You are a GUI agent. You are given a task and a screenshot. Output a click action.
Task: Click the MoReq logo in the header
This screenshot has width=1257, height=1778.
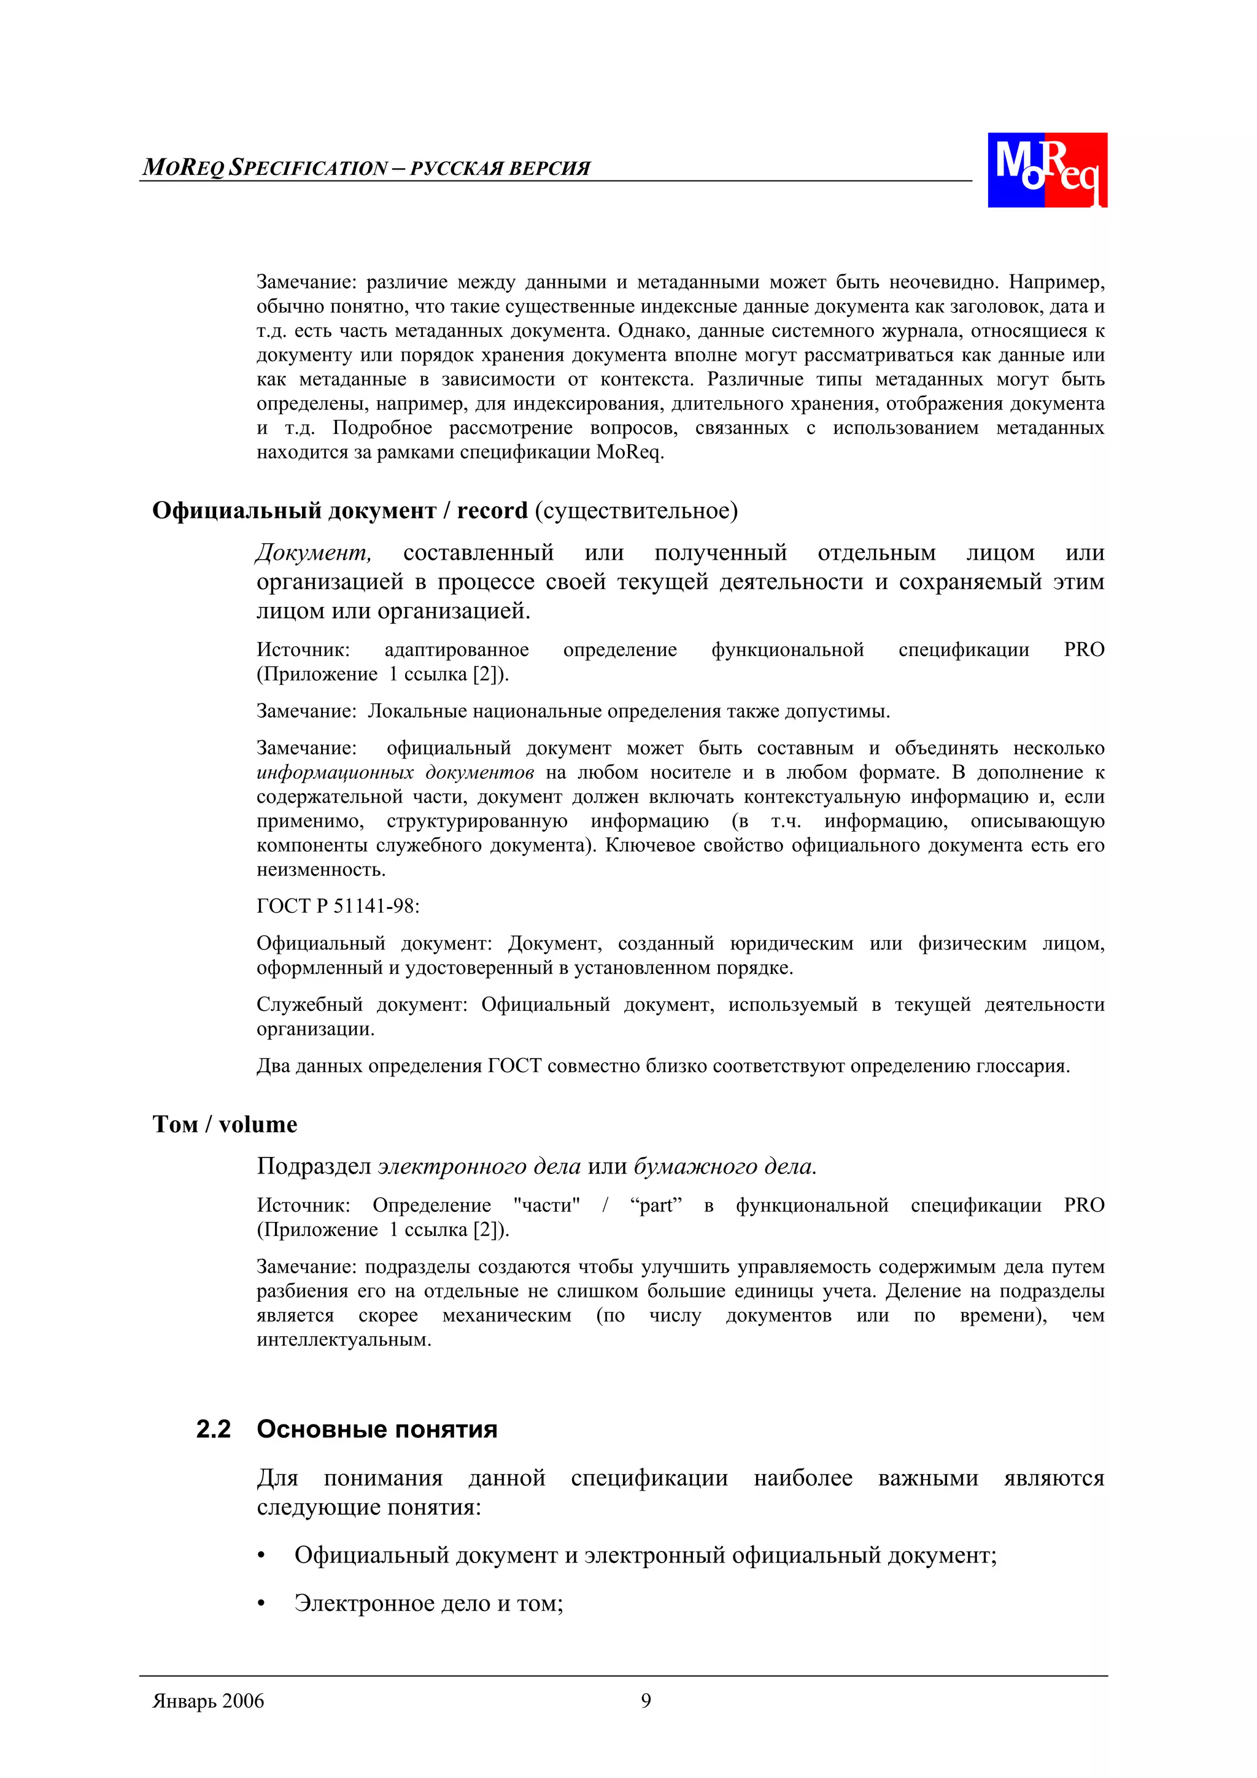[x=1046, y=169]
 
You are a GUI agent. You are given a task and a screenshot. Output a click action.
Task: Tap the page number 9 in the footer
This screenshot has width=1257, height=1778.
[x=645, y=1701]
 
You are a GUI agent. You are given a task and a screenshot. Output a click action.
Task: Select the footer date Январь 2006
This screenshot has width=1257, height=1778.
[x=208, y=1701]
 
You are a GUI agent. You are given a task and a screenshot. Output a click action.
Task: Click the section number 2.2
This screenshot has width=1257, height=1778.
[x=213, y=1429]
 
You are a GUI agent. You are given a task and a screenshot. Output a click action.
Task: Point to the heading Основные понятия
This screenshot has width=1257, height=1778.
[x=377, y=1429]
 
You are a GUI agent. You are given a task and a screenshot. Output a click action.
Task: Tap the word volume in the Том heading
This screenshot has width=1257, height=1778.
[x=258, y=1124]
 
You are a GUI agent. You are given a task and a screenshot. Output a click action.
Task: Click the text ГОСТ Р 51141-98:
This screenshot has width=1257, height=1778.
[x=338, y=906]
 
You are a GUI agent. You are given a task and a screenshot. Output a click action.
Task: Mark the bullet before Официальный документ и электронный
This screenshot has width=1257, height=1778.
[x=262, y=1556]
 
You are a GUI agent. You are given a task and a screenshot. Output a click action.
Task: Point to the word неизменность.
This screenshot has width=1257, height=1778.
[x=320, y=870]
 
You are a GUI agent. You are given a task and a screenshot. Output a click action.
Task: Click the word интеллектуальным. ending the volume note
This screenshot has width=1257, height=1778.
[x=344, y=1340]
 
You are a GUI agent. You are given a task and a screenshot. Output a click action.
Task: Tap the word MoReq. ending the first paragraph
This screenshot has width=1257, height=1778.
[x=630, y=452]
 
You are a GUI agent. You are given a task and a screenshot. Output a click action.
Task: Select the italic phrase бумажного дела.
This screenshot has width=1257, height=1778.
[x=725, y=1166]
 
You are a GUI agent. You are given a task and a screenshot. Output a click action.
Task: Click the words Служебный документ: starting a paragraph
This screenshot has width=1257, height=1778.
[x=362, y=1005]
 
